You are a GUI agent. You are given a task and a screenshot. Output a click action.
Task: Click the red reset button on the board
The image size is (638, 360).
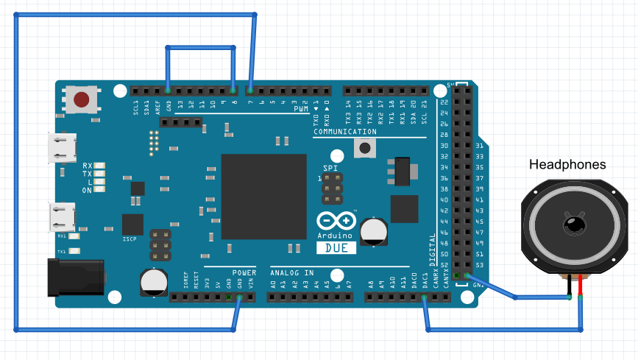[x=82, y=99]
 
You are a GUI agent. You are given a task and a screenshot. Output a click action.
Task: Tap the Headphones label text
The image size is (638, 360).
[x=567, y=165]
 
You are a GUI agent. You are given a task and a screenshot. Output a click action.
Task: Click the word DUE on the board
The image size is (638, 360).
[x=336, y=248]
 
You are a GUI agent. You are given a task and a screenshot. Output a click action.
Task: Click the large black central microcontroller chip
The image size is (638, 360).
[x=263, y=197]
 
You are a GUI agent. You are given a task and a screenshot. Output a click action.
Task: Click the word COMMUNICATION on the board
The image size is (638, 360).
[x=344, y=133]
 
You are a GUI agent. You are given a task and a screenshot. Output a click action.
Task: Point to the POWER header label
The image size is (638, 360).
[x=244, y=273]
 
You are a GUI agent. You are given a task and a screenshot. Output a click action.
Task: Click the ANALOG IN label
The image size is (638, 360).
[x=292, y=273]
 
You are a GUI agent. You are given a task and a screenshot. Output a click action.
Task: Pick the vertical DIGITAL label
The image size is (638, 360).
[x=433, y=250]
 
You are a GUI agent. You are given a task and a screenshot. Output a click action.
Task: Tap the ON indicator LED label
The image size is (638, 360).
[x=87, y=190]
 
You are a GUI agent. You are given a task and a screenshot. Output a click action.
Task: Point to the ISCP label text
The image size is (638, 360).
[x=130, y=239]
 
